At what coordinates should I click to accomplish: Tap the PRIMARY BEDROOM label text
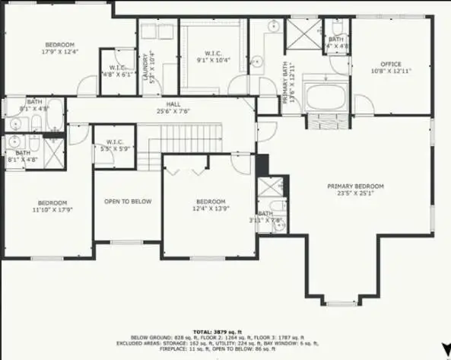point(355,186)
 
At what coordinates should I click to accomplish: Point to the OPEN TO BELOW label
point(128,202)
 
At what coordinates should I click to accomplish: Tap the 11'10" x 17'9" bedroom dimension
point(53,210)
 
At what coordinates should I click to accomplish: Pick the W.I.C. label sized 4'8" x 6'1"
point(116,74)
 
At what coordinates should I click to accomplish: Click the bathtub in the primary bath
point(325,97)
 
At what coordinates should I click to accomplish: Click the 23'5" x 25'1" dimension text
point(355,193)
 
